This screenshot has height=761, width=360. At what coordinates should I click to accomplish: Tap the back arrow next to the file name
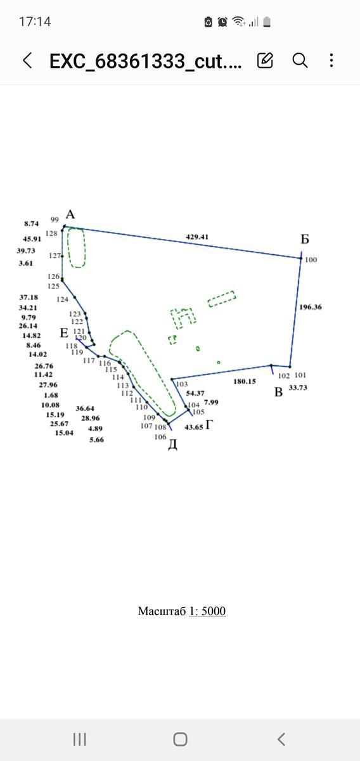point(27,60)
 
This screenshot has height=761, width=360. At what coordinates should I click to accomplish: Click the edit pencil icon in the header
point(265,60)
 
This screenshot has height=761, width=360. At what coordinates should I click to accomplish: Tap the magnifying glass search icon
point(300,61)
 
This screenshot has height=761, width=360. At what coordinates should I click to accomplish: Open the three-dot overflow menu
point(331,60)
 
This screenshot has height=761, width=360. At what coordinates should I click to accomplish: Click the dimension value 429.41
point(197,237)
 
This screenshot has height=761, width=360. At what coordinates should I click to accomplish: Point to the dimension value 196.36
point(311,307)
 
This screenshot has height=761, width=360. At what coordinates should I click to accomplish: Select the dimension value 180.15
point(245,381)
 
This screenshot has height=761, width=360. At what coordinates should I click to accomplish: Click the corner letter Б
point(305,239)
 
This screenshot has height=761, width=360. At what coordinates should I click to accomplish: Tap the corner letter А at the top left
point(70,214)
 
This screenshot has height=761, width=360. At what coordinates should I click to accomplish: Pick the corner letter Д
point(172,445)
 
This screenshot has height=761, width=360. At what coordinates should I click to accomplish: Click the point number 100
point(311,259)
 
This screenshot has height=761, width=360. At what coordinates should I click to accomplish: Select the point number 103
point(182,384)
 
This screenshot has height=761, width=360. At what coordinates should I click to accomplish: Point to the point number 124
point(63,299)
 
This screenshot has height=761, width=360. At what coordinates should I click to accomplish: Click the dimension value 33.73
point(298,387)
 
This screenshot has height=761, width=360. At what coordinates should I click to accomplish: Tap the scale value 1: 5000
point(207,611)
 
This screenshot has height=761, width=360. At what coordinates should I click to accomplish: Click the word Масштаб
point(162,611)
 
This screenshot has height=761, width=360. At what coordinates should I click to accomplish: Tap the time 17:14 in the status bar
point(35,22)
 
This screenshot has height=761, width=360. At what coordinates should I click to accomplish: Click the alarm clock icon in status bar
point(222,22)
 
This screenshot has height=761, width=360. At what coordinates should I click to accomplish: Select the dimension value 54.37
point(195,393)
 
